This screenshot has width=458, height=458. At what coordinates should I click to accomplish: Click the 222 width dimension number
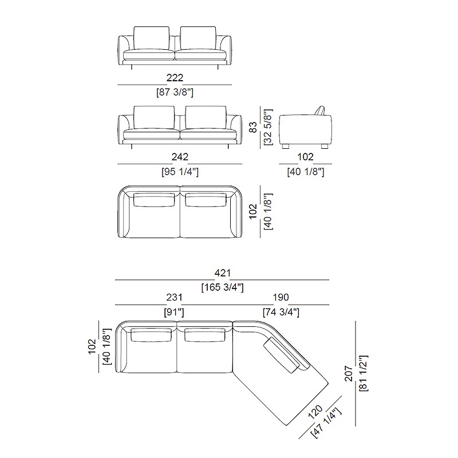tap(175, 78)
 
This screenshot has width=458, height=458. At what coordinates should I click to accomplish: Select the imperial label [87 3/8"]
tap(175, 92)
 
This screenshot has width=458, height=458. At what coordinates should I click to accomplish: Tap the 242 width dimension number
tap(180, 157)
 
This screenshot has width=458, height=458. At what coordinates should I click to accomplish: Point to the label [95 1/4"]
tap(180, 172)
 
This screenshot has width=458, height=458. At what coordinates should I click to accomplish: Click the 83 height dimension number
tap(253, 127)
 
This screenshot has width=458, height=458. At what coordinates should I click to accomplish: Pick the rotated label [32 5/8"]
tap(267, 127)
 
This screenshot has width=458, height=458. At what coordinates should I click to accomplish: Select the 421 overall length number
tap(223, 273)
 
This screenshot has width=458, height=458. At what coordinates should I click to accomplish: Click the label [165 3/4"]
tap(222, 287)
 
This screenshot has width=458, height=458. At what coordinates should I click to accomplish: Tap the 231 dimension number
tap(174, 297)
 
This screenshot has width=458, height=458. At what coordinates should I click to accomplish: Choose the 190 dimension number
tap(281, 297)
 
